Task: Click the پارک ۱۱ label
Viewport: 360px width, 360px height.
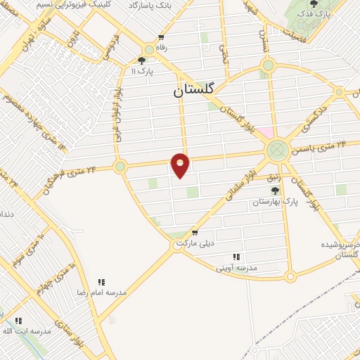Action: pos(143,70)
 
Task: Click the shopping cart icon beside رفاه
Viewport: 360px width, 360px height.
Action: pos(162,37)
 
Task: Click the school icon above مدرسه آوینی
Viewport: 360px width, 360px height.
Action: pos(236,257)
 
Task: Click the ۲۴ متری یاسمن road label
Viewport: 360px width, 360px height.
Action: pos(325,146)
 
